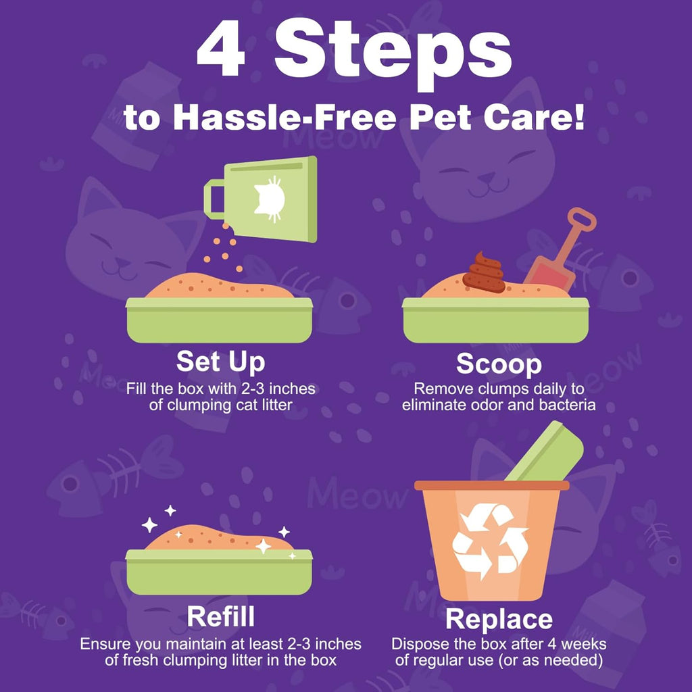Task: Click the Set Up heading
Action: [x=220, y=362]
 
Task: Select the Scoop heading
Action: [x=499, y=364]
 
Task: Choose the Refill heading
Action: [x=220, y=616]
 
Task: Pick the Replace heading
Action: [x=499, y=619]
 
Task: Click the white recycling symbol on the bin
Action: [x=491, y=541]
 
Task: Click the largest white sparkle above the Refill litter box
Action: [x=149, y=524]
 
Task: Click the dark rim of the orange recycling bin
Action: [x=491, y=485]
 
